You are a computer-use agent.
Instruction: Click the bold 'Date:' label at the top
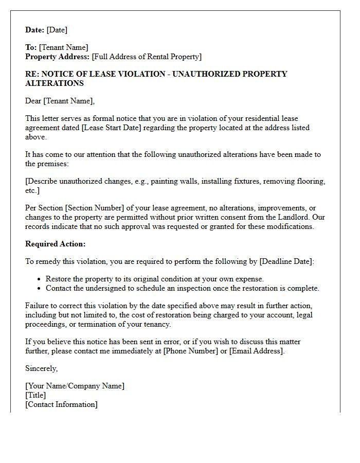35,30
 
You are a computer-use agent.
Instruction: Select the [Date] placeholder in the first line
57,30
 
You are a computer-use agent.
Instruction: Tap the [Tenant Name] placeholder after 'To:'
63,47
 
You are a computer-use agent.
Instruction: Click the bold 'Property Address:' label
58,57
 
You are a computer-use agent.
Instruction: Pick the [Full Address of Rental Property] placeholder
147,57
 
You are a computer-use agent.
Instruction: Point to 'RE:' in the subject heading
32,74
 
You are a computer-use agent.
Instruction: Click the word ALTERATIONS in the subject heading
55,83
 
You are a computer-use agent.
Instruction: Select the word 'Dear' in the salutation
33,101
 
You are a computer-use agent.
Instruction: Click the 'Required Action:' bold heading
56,244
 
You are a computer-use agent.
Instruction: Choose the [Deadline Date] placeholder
285,261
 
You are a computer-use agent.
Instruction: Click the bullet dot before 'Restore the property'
40,279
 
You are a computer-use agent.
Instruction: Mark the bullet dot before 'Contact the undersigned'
40,289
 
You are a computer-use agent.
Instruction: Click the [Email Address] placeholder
256,351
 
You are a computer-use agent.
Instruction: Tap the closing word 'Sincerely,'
42,368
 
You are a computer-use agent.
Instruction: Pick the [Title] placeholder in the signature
35,395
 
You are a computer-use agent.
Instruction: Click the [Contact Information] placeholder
61,404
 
